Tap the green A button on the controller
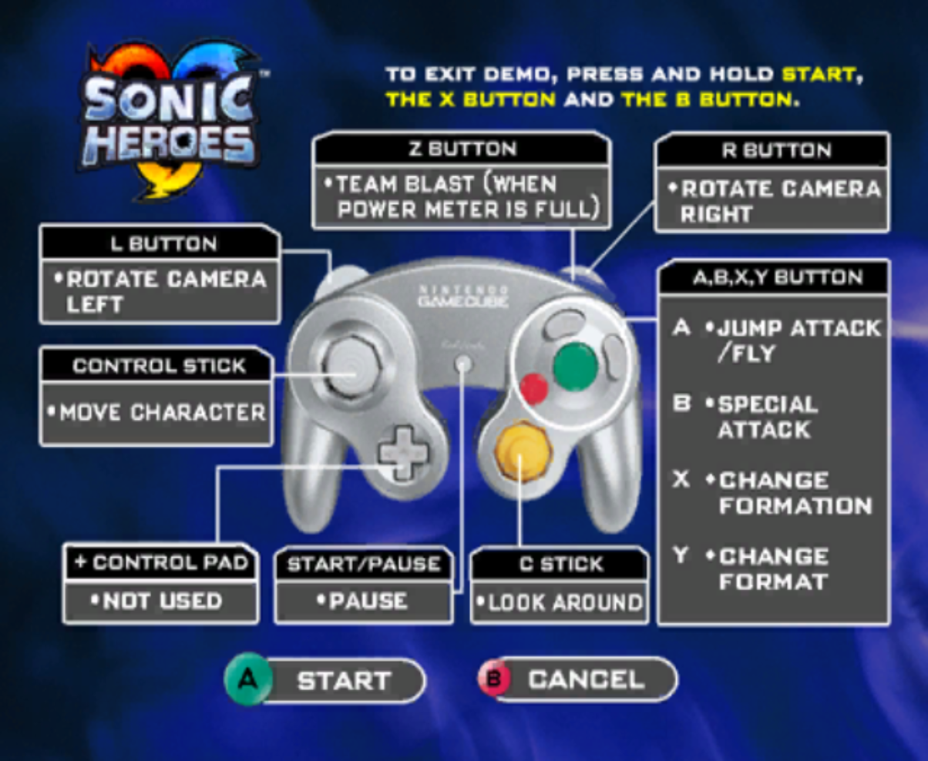[575, 366]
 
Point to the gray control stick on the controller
[351, 366]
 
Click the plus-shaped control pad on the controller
[403, 454]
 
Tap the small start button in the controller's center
[463, 364]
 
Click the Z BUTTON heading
[462, 149]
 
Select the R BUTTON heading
[777, 150]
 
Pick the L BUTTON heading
[163, 243]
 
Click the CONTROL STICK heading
[159, 366]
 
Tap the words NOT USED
[162, 601]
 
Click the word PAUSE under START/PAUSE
[368, 601]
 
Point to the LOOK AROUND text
[565, 602]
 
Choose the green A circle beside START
[247, 679]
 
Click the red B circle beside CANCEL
[495, 679]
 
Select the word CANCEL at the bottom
[586, 679]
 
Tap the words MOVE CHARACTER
[163, 412]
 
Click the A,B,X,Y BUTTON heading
[778, 277]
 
